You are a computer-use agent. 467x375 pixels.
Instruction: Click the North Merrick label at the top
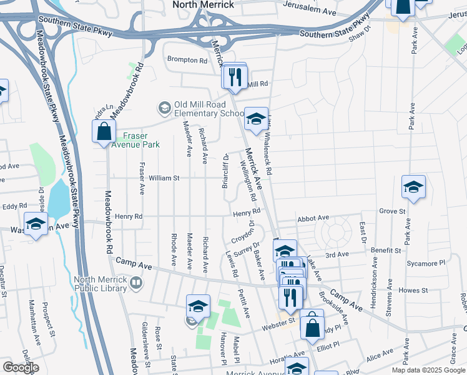pos(204,5)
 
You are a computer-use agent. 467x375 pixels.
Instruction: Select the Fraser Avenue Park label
pos(132,139)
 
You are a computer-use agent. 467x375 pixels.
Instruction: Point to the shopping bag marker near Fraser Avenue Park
pos(104,132)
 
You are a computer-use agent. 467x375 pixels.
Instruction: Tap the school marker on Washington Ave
pos(36,224)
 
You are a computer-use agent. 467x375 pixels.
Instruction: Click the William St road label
pos(164,178)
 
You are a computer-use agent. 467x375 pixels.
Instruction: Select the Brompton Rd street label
pos(187,61)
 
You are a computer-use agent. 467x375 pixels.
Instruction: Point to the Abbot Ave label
pos(313,218)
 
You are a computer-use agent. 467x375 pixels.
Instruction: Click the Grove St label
pos(392,212)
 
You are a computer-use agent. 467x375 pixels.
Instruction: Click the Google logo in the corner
pos(21,367)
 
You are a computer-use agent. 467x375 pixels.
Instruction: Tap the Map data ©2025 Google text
pos(428,370)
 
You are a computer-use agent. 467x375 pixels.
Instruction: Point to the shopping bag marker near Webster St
pos(312,326)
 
